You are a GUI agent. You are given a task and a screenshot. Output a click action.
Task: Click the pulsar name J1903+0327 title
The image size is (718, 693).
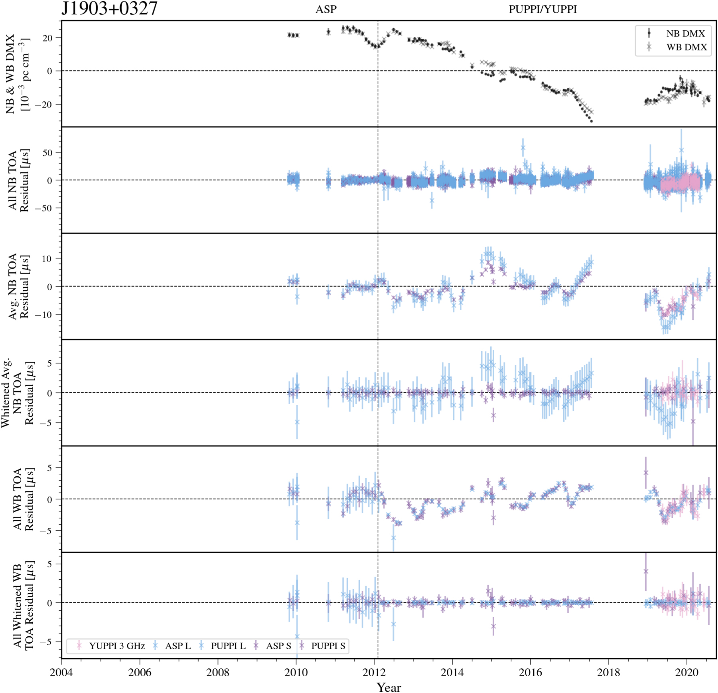pyautogui.click(x=109, y=8)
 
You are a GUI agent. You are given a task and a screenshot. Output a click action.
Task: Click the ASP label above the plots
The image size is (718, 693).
pyautogui.click(x=325, y=9)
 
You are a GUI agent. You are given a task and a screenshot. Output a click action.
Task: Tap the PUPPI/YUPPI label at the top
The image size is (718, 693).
pyautogui.click(x=542, y=9)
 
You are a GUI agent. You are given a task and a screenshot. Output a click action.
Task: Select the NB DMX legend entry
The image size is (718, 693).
pyautogui.click(x=685, y=34)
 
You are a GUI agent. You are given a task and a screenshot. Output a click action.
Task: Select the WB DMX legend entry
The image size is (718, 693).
pyautogui.click(x=686, y=47)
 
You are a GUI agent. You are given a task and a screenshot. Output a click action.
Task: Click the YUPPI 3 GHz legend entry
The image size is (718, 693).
pyautogui.click(x=116, y=646)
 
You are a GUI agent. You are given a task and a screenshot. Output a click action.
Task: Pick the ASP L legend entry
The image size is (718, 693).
pyautogui.click(x=178, y=646)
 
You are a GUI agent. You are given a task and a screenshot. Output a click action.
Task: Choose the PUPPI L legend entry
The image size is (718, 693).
pyautogui.click(x=228, y=646)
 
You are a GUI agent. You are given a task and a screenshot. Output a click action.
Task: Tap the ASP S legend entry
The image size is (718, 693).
pyautogui.click(x=278, y=646)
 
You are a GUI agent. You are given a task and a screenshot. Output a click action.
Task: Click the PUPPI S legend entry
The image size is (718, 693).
pyautogui.click(x=328, y=646)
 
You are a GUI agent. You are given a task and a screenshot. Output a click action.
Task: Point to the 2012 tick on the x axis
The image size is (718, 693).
pyautogui.click(x=374, y=673)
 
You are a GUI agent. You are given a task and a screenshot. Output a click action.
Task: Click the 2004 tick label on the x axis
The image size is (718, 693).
pyautogui.click(x=61, y=673)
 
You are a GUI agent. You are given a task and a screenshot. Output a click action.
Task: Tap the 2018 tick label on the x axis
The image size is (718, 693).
pyautogui.click(x=609, y=673)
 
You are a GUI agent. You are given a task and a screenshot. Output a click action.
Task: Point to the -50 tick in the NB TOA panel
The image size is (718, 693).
pyautogui.click(x=43, y=208)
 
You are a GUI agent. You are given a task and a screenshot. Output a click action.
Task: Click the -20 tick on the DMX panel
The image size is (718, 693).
pyautogui.click(x=43, y=105)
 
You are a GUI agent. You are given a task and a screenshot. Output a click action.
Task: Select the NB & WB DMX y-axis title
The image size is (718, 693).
pyautogui.click(x=17, y=74)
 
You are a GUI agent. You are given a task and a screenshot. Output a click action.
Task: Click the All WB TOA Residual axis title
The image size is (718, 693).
pyautogui.click(x=23, y=499)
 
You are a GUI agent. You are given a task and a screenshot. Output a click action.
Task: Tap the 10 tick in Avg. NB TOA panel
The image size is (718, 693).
pyautogui.click(x=47, y=259)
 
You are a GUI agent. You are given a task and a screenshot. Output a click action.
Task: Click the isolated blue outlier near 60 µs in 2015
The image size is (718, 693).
pyautogui.click(x=523, y=148)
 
